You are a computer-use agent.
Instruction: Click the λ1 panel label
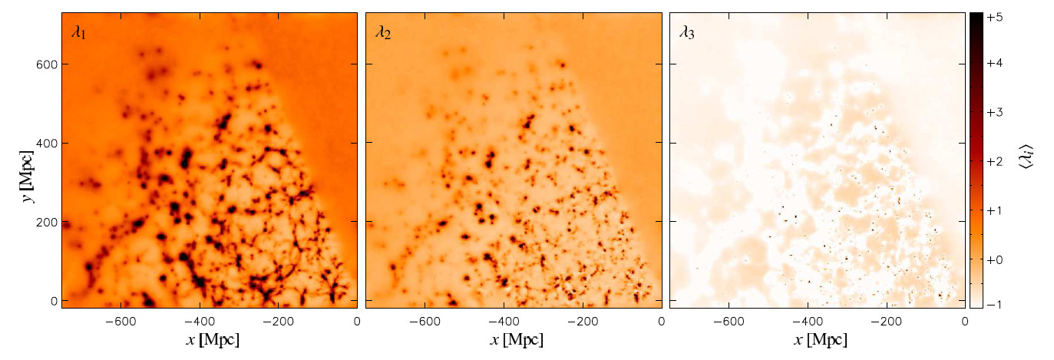click(x=79, y=33)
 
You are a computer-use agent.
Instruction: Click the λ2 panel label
click(x=383, y=33)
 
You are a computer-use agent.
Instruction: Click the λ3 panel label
click(x=687, y=33)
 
